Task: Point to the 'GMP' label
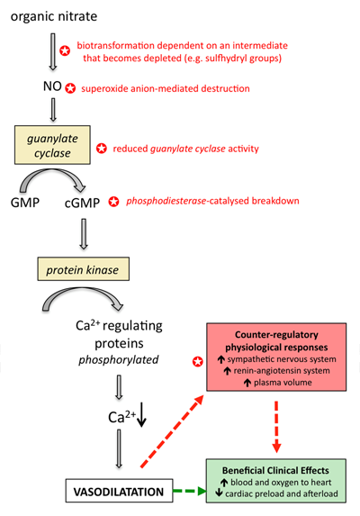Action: point(24,202)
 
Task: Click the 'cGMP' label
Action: point(83,202)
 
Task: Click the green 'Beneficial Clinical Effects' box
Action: point(277,479)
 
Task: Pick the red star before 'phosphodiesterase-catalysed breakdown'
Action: point(113,201)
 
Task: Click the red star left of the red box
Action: point(197,362)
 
